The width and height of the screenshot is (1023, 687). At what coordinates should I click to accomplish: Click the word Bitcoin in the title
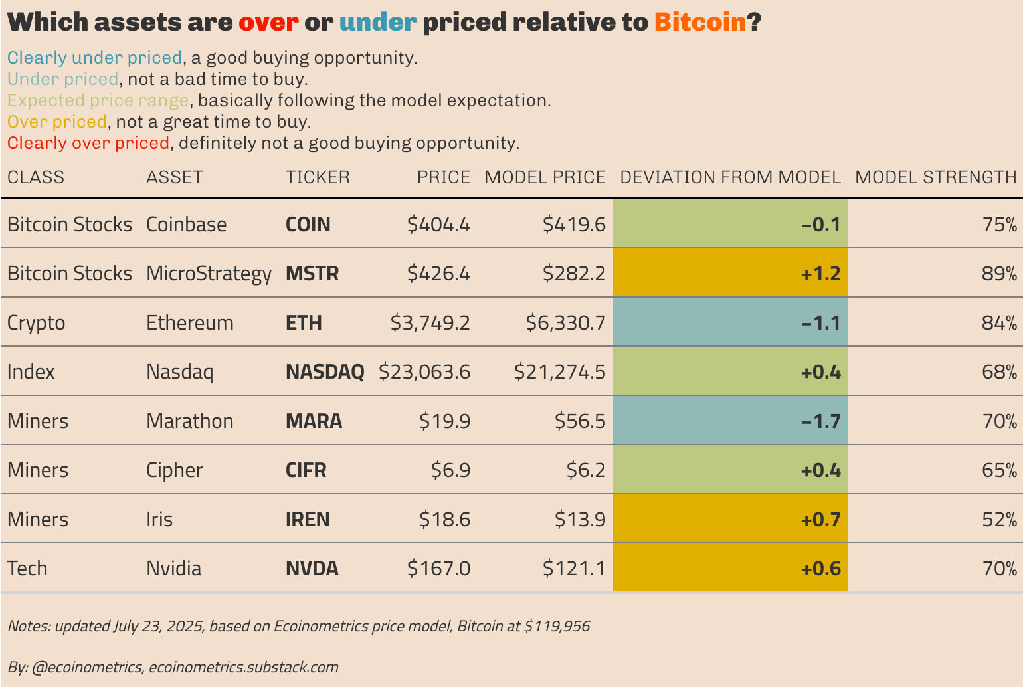point(700,23)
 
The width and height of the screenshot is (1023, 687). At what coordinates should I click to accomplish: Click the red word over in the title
point(268,23)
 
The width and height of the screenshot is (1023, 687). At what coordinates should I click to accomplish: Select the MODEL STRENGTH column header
point(935,177)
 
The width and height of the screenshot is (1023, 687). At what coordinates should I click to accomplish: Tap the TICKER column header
point(318,177)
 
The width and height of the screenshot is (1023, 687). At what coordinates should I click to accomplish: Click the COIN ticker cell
point(308,225)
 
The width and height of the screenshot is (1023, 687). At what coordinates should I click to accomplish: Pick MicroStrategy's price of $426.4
point(438,274)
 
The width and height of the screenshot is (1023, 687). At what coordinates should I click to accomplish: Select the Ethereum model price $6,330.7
point(565,323)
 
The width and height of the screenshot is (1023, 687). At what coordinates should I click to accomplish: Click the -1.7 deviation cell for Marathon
point(731,421)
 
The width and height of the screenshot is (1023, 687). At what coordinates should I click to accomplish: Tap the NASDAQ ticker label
point(325,372)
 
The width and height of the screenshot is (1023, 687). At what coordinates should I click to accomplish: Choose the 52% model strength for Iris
point(999,520)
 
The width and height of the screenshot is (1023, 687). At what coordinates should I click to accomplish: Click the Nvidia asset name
point(173,569)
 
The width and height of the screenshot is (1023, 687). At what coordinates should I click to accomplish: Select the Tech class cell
point(27,569)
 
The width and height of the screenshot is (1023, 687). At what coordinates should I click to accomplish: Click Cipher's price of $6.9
point(450,470)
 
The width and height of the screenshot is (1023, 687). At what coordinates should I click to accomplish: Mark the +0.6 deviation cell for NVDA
point(731,569)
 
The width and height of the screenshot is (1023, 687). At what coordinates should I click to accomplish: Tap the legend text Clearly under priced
point(94,58)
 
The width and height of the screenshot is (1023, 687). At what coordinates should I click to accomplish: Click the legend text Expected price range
point(98,101)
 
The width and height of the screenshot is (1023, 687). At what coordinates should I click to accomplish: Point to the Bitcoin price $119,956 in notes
point(557,626)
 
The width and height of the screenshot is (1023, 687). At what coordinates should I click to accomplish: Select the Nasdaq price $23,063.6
point(424,372)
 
